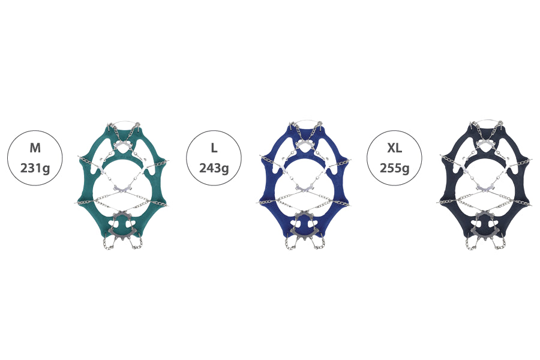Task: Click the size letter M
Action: pyautogui.click(x=35, y=148)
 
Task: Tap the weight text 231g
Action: pyautogui.click(x=35, y=169)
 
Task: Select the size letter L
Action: pyautogui.click(x=214, y=148)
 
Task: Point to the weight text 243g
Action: pyautogui.click(x=214, y=169)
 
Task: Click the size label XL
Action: pyautogui.click(x=394, y=148)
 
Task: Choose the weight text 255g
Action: pyautogui.click(x=395, y=169)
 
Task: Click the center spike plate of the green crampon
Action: pyautogui.click(x=122, y=188)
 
